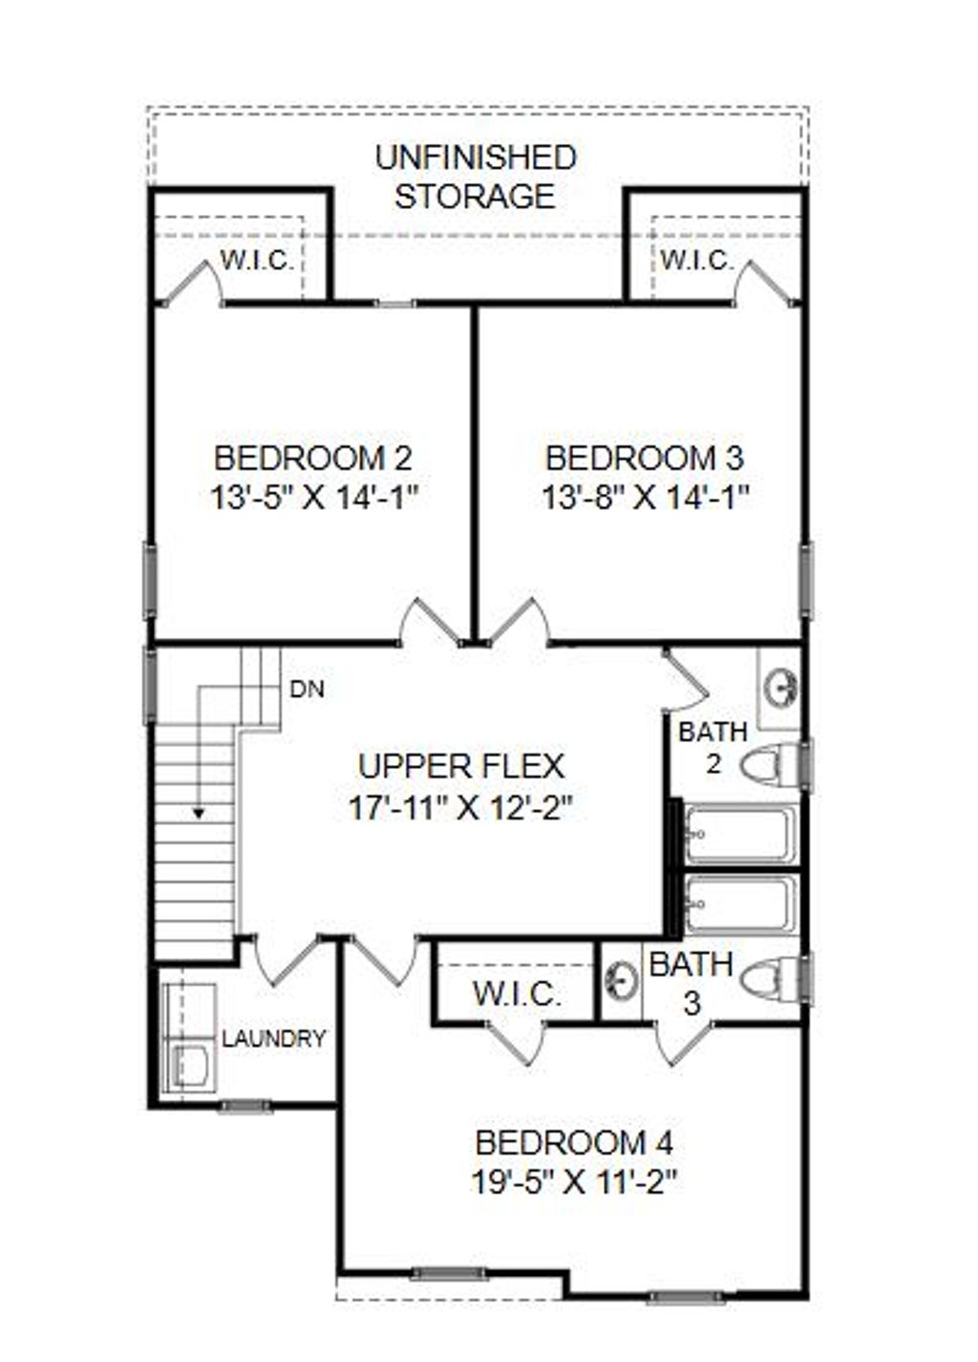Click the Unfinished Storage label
(x=476, y=177)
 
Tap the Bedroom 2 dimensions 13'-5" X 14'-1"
(x=315, y=498)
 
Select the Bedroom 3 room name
(x=644, y=458)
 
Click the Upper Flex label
(x=460, y=766)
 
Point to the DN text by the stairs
(x=307, y=689)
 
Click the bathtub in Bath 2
(x=739, y=834)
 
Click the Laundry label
(x=274, y=1039)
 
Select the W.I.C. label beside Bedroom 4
(x=517, y=994)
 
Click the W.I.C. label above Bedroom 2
(x=257, y=260)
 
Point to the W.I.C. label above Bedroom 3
(x=697, y=260)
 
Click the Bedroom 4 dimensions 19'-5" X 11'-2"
(x=574, y=1182)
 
